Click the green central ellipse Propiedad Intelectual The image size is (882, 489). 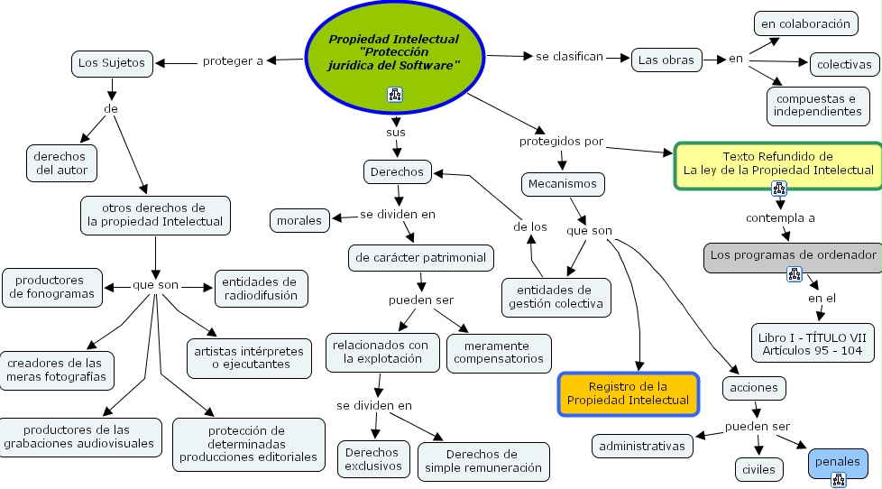coord(393,54)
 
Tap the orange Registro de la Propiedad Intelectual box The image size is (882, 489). coord(628,393)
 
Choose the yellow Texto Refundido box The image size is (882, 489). coord(777,162)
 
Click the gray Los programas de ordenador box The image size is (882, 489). coord(793,256)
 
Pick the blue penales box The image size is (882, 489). coord(837,461)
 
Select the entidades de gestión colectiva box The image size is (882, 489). coord(556,297)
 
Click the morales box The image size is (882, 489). coord(299,220)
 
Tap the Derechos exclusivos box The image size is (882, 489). coord(373,459)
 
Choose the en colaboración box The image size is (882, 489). coord(805,24)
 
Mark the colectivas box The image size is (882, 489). coord(844,65)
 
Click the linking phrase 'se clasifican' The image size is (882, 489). coord(569,57)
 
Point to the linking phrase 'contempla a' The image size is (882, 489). coord(780,218)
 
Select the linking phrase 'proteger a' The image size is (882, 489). coord(233,61)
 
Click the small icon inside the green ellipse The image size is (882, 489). coord(394,94)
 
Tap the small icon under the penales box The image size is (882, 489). coord(838,480)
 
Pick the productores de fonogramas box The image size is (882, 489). coord(54,287)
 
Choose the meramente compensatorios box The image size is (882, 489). coord(498,352)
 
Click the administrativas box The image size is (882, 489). coord(642,446)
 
